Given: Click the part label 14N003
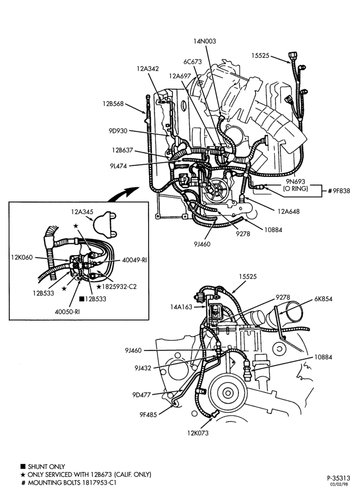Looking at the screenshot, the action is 205,41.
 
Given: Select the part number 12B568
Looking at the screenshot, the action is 113,103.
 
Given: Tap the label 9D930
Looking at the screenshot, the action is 118,130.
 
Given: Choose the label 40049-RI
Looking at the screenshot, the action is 134,260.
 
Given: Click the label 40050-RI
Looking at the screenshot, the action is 67,311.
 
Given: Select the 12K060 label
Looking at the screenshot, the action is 21,257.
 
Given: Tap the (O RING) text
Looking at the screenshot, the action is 295,188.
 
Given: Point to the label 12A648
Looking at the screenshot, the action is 288,211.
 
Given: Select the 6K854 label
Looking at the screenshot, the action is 322,299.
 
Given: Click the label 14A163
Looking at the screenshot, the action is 181,307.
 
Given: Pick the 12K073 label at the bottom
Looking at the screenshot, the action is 197,433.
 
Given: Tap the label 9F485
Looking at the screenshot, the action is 148,415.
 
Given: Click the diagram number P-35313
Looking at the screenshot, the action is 338,478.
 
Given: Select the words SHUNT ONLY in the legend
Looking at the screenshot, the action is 46,467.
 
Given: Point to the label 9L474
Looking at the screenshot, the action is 118,166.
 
